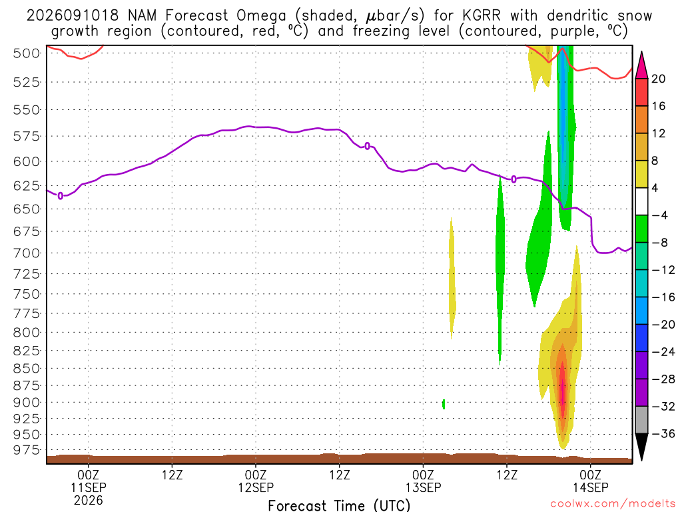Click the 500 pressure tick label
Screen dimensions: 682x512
[x=26, y=53]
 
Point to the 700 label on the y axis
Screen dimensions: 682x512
[x=26, y=253]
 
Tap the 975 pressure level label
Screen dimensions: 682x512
[x=26, y=450]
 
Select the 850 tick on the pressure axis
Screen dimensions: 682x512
[x=26, y=368]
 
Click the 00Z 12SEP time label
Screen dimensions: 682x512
[x=256, y=481]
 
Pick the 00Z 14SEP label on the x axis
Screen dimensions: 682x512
[x=590, y=481]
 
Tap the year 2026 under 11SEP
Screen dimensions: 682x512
[x=89, y=500]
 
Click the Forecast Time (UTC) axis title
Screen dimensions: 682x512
[x=339, y=505]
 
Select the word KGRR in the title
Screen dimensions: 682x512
[x=482, y=16]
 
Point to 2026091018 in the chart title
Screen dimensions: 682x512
[x=72, y=16]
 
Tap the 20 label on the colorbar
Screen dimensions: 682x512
[x=658, y=79]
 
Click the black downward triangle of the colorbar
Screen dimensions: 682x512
[x=641, y=446]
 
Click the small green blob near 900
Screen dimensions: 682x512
[x=443, y=404]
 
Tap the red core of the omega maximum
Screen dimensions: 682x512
[x=563, y=385]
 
